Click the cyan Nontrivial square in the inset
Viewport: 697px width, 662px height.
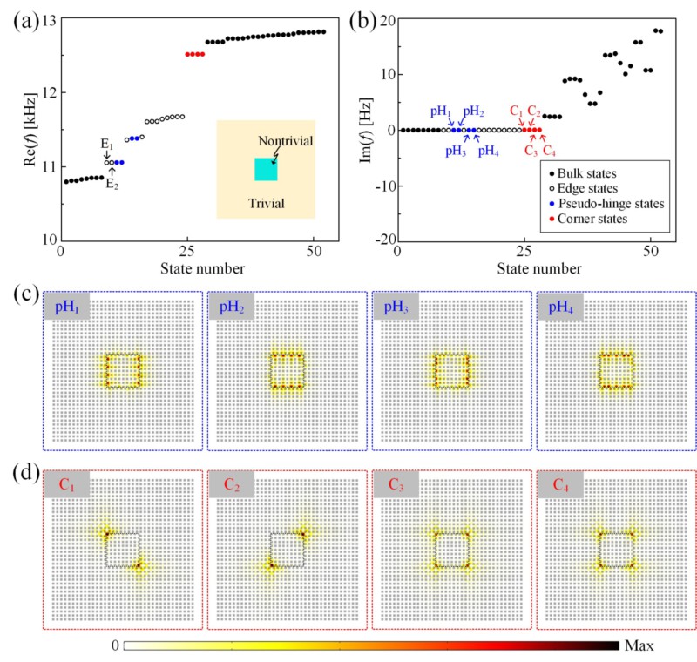coord(266,169)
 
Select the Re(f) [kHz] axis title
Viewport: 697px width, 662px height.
coord(19,129)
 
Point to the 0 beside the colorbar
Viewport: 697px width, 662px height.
coord(115,645)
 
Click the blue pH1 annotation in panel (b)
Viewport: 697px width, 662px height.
coord(440,112)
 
